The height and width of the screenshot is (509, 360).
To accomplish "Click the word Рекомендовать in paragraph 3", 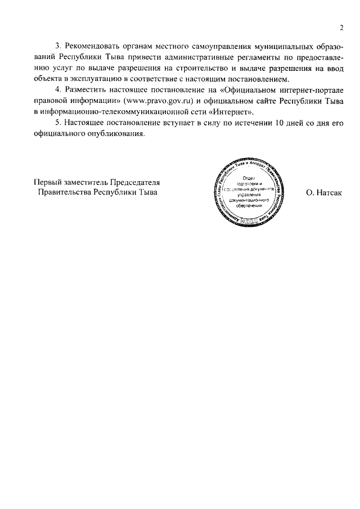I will [x=94, y=45].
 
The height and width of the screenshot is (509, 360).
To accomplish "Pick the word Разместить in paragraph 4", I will [x=88, y=89].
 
